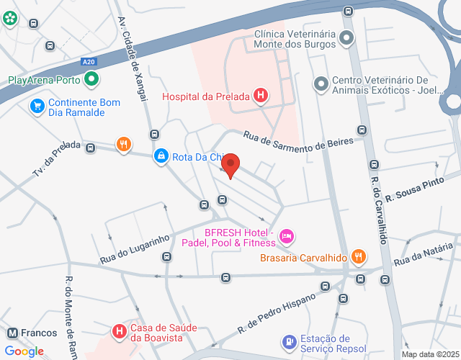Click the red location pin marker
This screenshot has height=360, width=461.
click(230, 166)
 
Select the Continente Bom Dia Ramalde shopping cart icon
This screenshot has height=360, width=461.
click(37, 107)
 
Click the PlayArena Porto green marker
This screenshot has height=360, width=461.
click(91, 80)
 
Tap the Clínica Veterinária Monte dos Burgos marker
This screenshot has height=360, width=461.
click(346, 38)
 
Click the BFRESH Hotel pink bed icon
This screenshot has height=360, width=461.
click(287, 236)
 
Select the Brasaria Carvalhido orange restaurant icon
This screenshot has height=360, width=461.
click(358, 257)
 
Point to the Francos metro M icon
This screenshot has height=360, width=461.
click(12, 333)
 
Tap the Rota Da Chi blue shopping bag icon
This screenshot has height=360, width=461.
click(160, 156)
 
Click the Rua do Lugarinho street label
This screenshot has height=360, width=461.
click(134, 248)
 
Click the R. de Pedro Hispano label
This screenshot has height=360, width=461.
click(277, 315)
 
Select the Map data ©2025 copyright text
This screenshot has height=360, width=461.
click(429, 354)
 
